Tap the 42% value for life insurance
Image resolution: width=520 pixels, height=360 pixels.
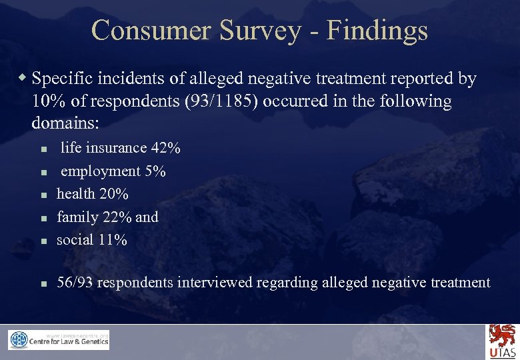pyautogui.click(x=165, y=148)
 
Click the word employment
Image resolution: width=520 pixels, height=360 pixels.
pyautogui.click(x=101, y=171)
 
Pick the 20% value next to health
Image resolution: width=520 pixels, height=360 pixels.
pyautogui.click(x=114, y=194)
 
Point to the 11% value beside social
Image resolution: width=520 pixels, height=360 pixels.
pyautogui.click(x=112, y=239)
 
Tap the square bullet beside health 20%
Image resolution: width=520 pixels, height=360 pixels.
pyautogui.click(x=41, y=195)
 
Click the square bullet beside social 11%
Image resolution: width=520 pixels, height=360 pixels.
pyautogui.click(x=41, y=241)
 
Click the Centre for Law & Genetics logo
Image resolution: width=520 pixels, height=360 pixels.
pyautogui.click(x=59, y=340)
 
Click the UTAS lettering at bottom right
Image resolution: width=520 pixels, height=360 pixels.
pyautogui.click(x=502, y=353)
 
